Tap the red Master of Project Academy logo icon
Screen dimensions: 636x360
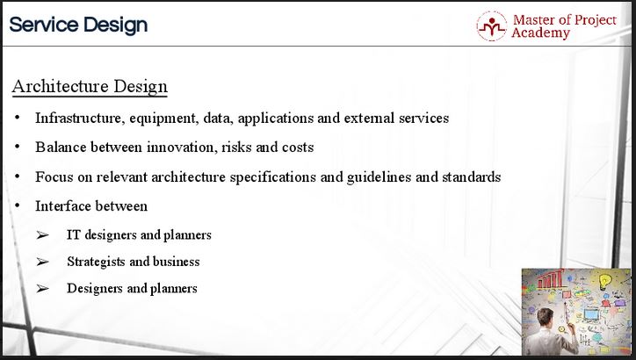point(492,26)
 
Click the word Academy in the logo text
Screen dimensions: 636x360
point(540,32)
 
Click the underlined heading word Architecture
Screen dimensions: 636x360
point(61,86)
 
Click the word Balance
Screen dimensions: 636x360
point(61,147)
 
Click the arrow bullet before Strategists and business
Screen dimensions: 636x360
point(42,262)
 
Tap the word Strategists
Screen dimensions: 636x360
point(96,262)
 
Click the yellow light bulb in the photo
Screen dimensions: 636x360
point(605,281)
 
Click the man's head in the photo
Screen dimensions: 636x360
point(546,317)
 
